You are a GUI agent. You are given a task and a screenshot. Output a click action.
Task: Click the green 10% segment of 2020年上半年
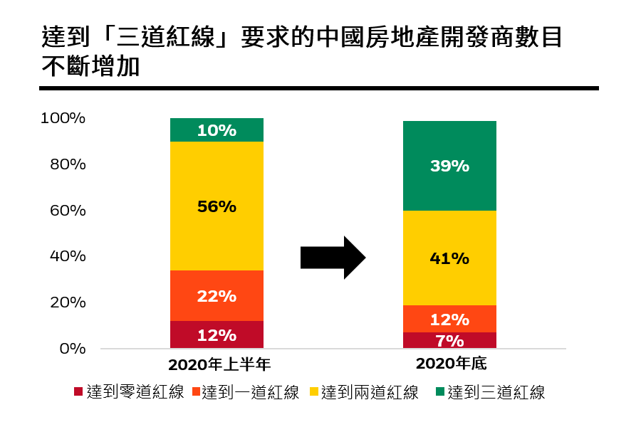coord(217,130)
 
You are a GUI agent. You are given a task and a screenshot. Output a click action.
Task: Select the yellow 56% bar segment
coord(217,206)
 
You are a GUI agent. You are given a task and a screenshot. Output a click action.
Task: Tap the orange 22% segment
coord(217,296)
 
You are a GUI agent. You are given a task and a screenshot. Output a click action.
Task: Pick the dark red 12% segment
coord(217,334)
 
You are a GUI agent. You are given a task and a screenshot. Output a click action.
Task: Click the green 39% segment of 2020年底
coord(449,166)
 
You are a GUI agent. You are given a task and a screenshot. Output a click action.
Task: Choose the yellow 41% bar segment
coord(449,258)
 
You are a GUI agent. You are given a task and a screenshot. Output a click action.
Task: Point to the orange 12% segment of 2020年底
coord(449,319)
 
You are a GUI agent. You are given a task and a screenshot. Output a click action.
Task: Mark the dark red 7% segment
coord(449,340)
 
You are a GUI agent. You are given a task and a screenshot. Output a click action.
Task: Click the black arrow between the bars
coord(333,258)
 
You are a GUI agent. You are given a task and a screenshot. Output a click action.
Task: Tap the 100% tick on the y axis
coord(63,118)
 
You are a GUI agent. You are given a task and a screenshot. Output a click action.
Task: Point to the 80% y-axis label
coord(67,164)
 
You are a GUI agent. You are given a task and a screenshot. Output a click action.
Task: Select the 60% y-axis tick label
coord(67,211)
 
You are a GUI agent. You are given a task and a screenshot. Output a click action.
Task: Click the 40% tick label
coord(67,256)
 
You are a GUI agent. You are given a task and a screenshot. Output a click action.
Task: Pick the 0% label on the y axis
coord(71,349)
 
